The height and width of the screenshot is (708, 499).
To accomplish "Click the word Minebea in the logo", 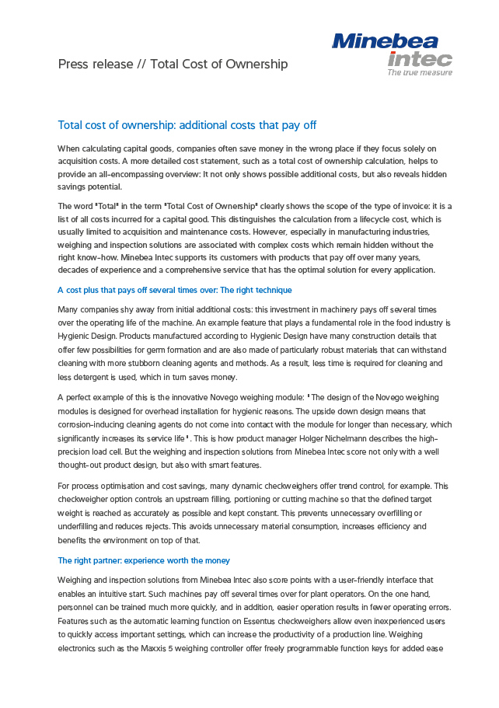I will coord(385,41).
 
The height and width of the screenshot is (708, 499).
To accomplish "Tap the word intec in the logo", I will coord(420,58).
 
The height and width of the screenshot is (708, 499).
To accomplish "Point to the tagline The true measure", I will coord(420,72).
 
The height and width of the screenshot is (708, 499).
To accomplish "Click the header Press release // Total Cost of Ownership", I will coord(173,64).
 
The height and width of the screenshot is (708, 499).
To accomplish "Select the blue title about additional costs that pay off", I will coord(187,125).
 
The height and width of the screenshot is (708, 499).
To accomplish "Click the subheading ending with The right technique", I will coord(175,290).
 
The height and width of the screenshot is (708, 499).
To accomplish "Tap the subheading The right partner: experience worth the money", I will coord(144,560).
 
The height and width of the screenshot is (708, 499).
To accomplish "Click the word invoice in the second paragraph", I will coord(408,206).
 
